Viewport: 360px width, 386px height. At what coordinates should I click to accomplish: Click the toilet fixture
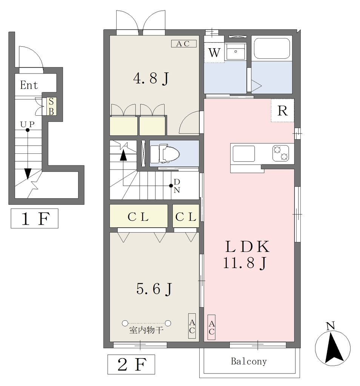(x=165, y=154)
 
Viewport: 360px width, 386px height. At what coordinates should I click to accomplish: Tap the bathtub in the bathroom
(x=271, y=48)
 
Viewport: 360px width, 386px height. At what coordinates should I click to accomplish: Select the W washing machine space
(x=214, y=52)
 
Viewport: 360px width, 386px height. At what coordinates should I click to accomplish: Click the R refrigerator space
(x=282, y=110)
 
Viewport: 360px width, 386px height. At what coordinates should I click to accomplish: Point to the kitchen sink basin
(x=244, y=154)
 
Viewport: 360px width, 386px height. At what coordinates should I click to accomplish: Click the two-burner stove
(x=281, y=153)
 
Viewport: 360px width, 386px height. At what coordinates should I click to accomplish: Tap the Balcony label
(x=249, y=361)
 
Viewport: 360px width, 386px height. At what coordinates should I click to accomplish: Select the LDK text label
(x=248, y=247)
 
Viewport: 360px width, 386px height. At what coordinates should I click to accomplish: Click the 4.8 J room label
(x=151, y=78)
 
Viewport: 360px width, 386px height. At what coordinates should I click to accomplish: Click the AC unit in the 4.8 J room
(x=184, y=44)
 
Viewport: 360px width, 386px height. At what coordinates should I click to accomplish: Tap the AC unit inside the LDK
(x=211, y=328)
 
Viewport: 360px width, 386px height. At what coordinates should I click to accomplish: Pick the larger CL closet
(x=138, y=216)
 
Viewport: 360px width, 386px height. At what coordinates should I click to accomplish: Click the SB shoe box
(x=51, y=106)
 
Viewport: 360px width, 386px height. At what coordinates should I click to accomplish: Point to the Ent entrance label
(x=29, y=85)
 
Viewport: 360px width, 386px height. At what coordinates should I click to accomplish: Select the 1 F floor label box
(x=34, y=218)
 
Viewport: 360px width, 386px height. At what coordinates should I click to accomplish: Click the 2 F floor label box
(x=131, y=365)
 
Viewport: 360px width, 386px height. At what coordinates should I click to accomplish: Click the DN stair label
(x=177, y=186)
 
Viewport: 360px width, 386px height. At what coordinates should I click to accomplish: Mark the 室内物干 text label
(x=146, y=330)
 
